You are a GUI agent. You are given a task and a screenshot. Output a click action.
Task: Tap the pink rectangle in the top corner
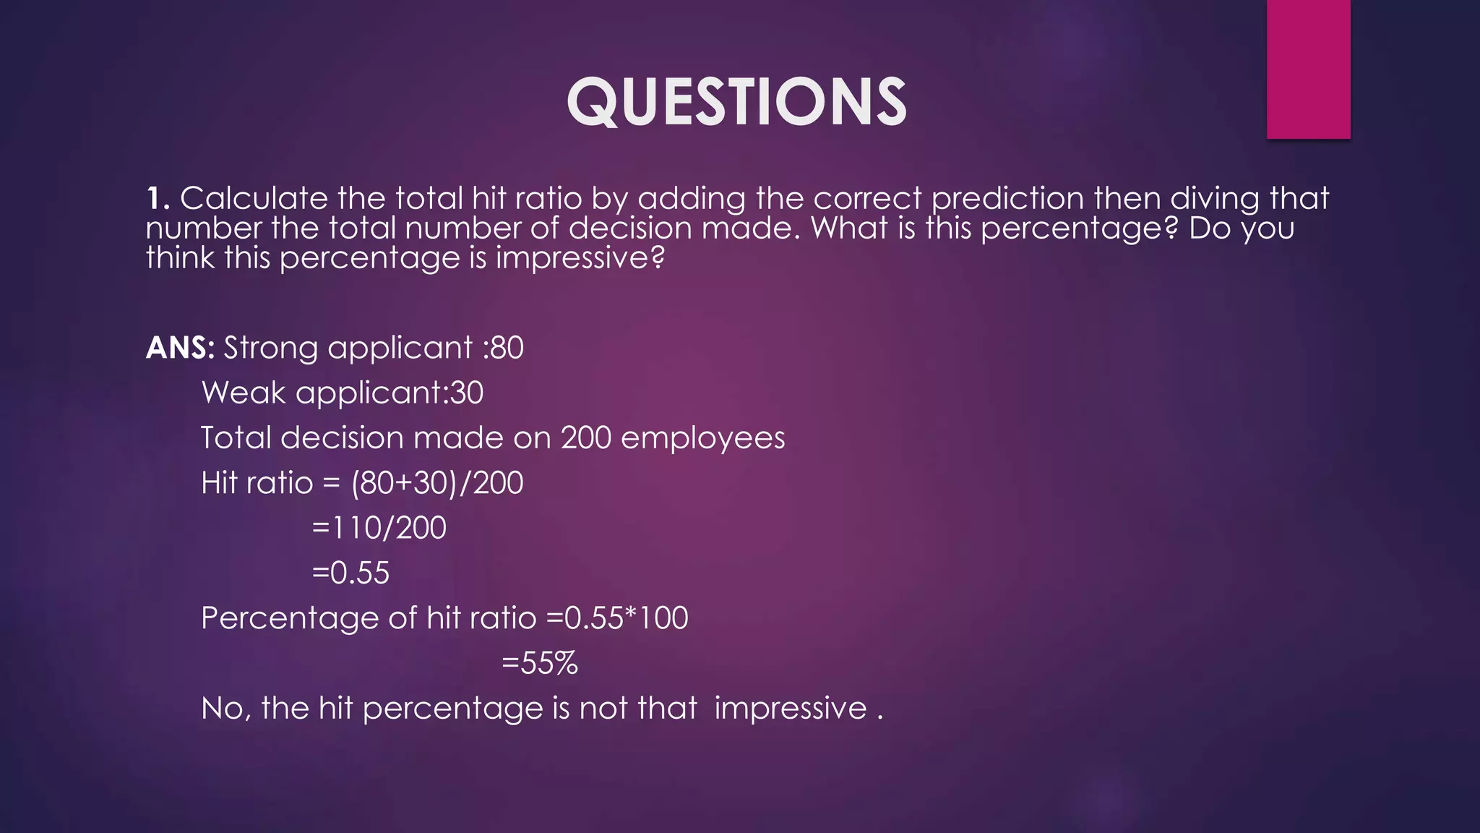pyautogui.click(x=1308, y=69)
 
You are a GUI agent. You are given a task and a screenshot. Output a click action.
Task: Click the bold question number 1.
pyautogui.click(x=157, y=198)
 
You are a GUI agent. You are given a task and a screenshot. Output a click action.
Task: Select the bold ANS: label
pyautogui.click(x=180, y=348)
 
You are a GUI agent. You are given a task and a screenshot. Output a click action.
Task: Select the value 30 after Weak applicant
pyautogui.click(x=467, y=393)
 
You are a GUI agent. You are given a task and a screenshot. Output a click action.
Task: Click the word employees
pyautogui.click(x=702, y=438)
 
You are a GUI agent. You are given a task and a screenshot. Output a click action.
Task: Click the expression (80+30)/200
pyautogui.click(x=437, y=483)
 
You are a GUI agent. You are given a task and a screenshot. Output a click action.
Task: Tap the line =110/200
pyautogui.click(x=379, y=528)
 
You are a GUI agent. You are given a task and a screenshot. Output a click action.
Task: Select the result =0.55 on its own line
pyautogui.click(x=350, y=573)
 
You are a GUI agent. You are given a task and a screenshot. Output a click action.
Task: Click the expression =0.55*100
pyautogui.click(x=617, y=618)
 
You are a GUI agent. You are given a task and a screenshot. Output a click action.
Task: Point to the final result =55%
pyautogui.click(x=540, y=663)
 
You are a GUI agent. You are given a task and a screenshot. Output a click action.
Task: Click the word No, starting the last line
pyautogui.click(x=225, y=709)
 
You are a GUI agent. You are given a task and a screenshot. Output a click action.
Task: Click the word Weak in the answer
pyautogui.click(x=243, y=393)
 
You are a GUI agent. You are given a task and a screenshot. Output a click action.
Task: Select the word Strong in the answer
pyautogui.click(x=270, y=349)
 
